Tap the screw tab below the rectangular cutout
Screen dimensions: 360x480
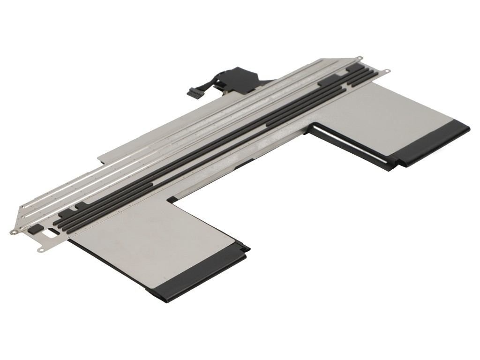pyautogui.click(x=41, y=250)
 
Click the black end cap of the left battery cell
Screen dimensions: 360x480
pyautogui.click(x=197, y=277)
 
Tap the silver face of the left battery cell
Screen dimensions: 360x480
pyautogui.click(x=155, y=239)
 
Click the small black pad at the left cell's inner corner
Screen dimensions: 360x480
pyautogui.click(x=172, y=199)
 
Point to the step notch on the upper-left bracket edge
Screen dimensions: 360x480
pyautogui.click(x=100, y=161)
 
